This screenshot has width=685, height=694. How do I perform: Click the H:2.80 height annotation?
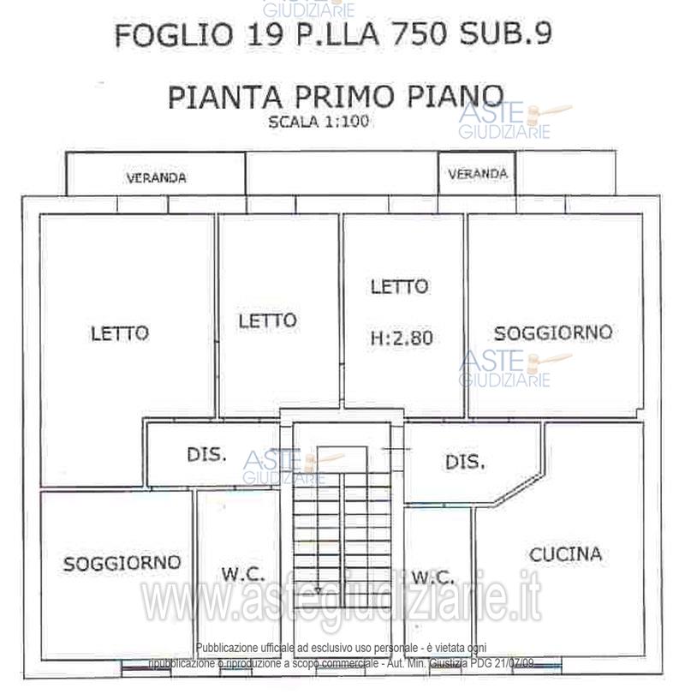click(402, 338)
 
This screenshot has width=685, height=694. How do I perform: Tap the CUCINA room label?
click(566, 554)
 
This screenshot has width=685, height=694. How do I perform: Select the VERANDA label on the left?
click(156, 178)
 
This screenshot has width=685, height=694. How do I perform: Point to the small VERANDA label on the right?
click(478, 173)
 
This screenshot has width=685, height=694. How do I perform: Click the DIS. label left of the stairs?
click(206, 454)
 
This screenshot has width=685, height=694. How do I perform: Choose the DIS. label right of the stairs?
click(465, 462)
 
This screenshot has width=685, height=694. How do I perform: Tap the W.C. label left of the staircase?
click(243, 574)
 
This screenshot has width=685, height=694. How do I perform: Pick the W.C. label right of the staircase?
click(432, 577)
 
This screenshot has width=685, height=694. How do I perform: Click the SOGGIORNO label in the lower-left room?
click(122, 563)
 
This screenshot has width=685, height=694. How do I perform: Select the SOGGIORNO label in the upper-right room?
click(553, 332)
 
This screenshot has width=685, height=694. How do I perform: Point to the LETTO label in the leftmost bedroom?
click(120, 333)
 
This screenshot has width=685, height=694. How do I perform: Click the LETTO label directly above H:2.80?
click(399, 286)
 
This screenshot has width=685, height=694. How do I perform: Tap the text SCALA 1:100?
click(319, 122)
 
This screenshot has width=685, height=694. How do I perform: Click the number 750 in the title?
click(420, 34)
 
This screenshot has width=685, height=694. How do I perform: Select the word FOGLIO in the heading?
click(174, 34)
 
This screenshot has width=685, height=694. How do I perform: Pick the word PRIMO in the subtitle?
click(343, 97)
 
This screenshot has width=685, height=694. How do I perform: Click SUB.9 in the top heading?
click(506, 33)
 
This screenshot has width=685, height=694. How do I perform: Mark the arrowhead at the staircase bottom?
click(318, 590)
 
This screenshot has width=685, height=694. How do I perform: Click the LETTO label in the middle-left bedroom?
click(267, 320)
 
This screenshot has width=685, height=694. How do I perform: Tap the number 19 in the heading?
click(264, 34)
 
